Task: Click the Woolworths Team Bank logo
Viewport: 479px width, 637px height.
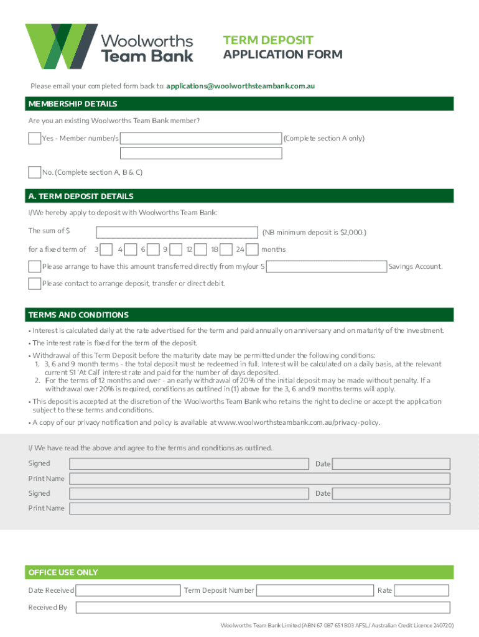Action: click(x=109, y=47)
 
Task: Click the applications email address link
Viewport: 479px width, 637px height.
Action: click(x=244, y=86)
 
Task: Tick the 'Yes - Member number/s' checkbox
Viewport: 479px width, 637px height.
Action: click(x=35, y=138)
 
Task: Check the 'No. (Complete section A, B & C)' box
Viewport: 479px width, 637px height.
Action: click(x=35, y=172)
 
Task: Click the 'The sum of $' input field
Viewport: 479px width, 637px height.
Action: click(x=177, y=232)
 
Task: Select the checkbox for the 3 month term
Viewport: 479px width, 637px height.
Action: click(x=106, y=249)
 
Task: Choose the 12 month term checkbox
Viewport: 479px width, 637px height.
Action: click(x=200, y=249)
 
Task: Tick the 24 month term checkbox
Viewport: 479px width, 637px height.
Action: click(x=252, y=249)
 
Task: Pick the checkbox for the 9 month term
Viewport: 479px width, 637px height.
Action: click(x=176, y=249)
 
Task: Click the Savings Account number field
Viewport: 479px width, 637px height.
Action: click(x=326, y=267)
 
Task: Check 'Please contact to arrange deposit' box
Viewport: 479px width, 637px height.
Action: click(x=35, y=284)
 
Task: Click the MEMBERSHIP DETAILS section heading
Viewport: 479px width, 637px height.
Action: click(x=73, y=104)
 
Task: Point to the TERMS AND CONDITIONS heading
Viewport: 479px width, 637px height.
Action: click(x=78, y=315)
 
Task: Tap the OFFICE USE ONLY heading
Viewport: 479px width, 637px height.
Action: click(x=63, y=572)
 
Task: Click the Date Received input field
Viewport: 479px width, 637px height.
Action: click(x=128, y=590)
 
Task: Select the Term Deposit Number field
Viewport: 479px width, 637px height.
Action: click(x=315, y=590)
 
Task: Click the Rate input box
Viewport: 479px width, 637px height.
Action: click(x=422, y=590)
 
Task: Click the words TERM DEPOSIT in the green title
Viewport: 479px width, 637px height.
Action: click(x=268, y=40)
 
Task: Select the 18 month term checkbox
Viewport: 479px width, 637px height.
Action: click(x=226, y=249)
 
